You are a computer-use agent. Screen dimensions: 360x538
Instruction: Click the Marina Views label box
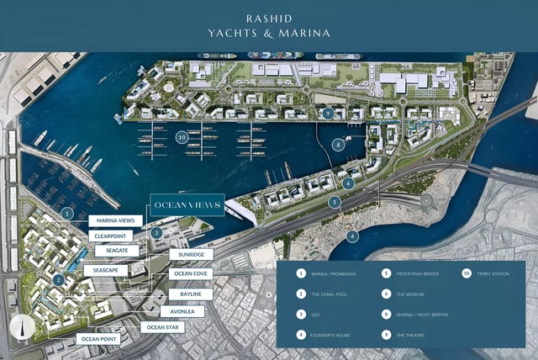(x=116, y=221)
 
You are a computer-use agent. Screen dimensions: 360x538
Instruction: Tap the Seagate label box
(x=111, y=250)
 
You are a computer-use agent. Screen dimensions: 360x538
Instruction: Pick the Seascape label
(x=111, y=270)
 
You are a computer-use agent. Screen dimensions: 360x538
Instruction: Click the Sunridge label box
(x=191, y=254)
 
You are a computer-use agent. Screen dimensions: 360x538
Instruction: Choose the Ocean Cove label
(x=191, y=273)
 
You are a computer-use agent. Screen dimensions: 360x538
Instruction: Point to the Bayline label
(x=191, y=294)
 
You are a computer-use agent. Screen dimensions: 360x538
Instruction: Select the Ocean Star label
(x=162, y=327)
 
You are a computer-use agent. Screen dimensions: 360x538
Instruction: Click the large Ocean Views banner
(x=186, y=204)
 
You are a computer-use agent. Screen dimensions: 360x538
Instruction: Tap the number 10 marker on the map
(x=181, y=135)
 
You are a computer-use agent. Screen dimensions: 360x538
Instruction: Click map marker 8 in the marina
(x=338, y=144)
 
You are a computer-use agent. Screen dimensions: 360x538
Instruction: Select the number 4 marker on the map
(x=353, y=236)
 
